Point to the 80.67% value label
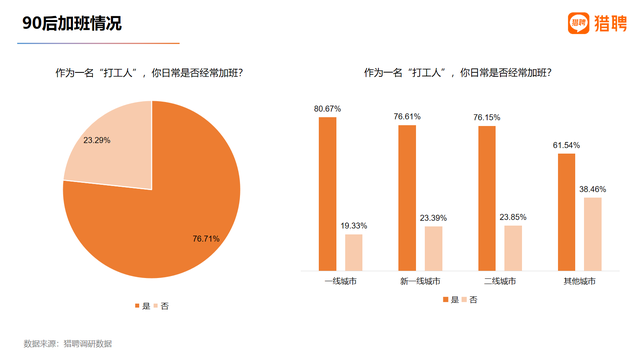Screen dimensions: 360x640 pyautogui.click(x=327, y=108)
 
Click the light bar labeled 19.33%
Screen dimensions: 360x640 pyautogui.click(x=354, y=252)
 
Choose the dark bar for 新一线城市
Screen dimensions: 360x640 pyautogui.click(x=406, y=197)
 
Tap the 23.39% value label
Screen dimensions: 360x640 pyautogui.click(x=432, y=217)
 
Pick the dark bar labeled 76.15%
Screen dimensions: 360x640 pyautogui.click(x=486, y=198)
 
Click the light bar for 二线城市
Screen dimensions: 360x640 pyautogui.click(x=513, y=248)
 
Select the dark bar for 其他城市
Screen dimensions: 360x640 pyautogui.click(x=566, y=212)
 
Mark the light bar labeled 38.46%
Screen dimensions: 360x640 pyautogui.click(x=592, y=234)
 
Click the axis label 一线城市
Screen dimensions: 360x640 pyautogui.click(x=341, y=281)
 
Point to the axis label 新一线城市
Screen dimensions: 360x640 pyautogui.click(x=420, y=281)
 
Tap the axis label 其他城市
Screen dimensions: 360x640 pyautogui.click(x=579, y=281)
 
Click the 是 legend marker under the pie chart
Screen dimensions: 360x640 pyautogui.click(x=137, y=304)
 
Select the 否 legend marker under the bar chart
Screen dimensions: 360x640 pyautogui.click(x=463, y=300)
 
